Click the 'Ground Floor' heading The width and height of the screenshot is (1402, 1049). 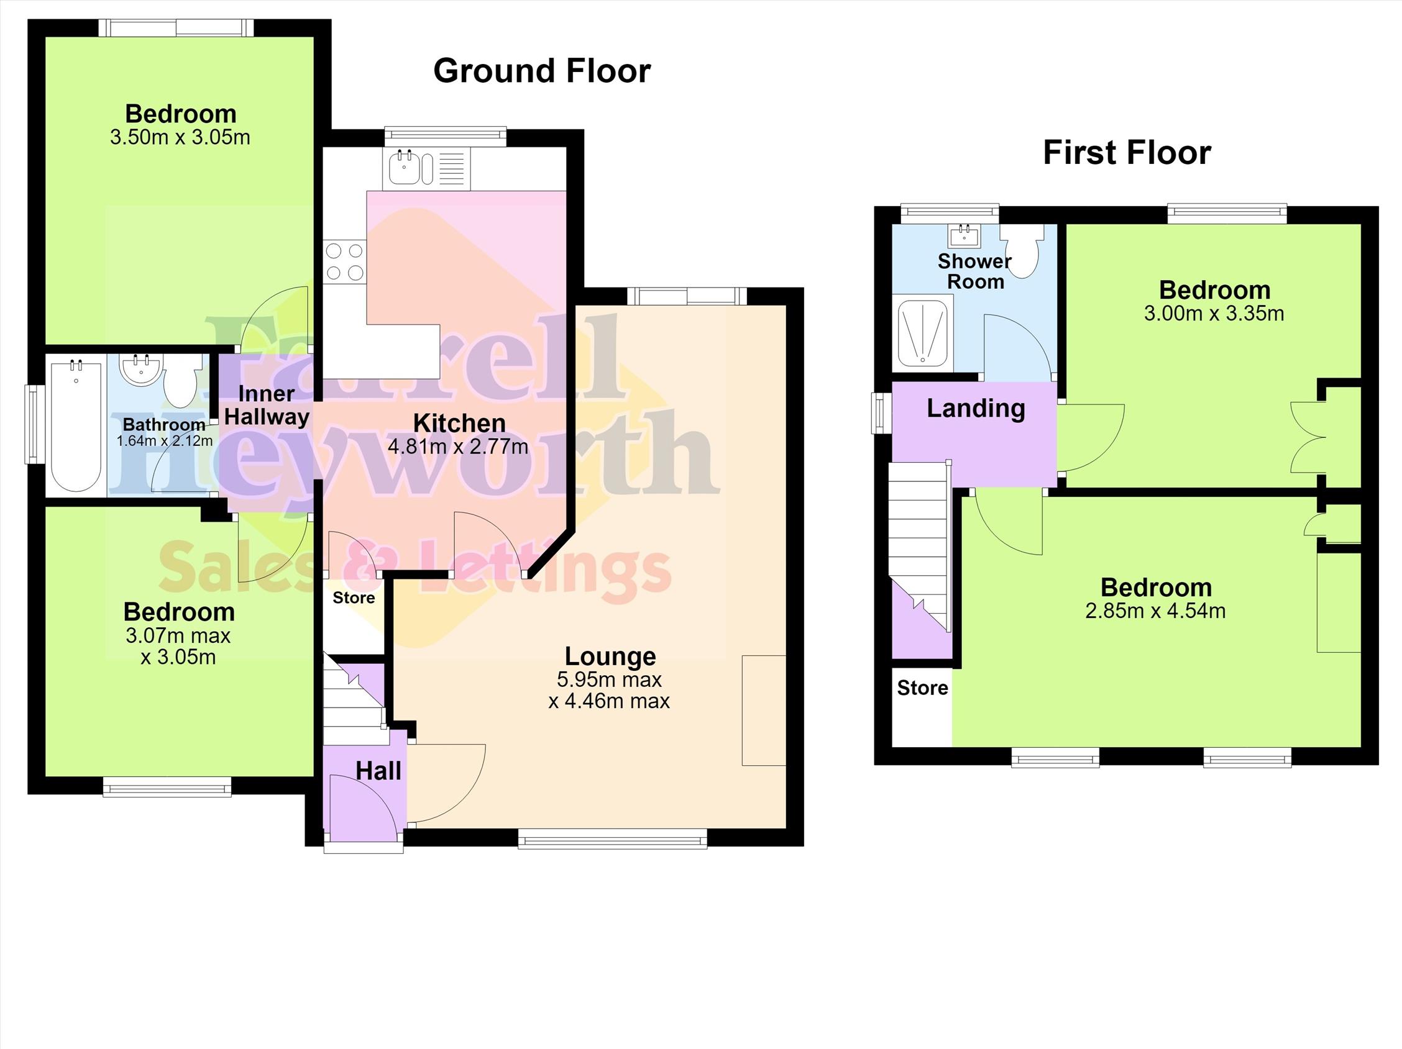point(542,70)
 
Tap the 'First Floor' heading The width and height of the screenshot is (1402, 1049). point(1127,153)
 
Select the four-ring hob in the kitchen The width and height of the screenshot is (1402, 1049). point(345,261)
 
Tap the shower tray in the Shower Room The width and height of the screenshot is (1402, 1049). point(922,332)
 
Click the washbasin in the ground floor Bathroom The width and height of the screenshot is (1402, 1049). point(142,370)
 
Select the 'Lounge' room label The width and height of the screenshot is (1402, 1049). point(610,656)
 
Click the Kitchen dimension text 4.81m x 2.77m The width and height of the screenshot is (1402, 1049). point(457,447)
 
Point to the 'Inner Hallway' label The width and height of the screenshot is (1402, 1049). point(267,406)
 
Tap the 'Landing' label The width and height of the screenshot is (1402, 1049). point(976,409)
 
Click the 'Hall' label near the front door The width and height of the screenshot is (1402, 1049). point(378,771)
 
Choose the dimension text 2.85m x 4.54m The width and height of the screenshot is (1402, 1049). point(1155,611)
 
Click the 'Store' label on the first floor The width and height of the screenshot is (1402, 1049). point(922,688)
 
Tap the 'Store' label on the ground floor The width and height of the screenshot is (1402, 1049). point(354,597)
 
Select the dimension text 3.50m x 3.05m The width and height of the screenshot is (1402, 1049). point(180,137)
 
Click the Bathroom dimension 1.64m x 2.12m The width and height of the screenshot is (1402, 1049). point(164,440)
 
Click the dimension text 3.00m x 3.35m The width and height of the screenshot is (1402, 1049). point(1214,313)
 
